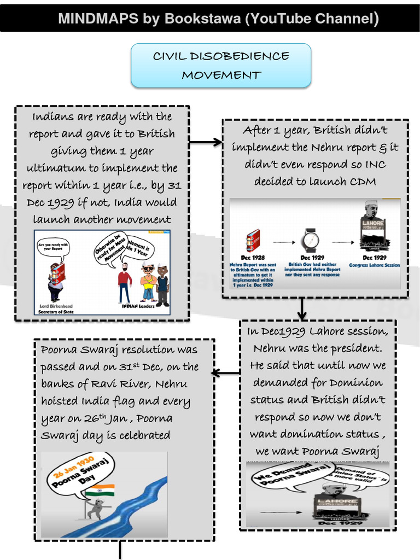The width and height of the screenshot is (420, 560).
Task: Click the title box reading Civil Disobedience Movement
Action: pyautogui.click(x=221, y=66)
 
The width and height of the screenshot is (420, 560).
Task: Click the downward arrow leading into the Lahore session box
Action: pyautogui.click(x=302, y=309)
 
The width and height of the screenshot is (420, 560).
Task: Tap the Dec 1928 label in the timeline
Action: pyautogui.click(x=253, y=258)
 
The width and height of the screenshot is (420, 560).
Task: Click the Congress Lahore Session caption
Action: pyautogui.click(x=375, y=265)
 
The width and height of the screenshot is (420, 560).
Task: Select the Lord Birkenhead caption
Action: pyautogui.click(x=56, y=306)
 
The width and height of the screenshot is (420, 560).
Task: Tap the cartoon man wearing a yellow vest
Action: pyautogui.click(x=148, y=282)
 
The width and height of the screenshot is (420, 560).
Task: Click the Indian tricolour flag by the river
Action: pyautogui.click(x=100, y=490)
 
